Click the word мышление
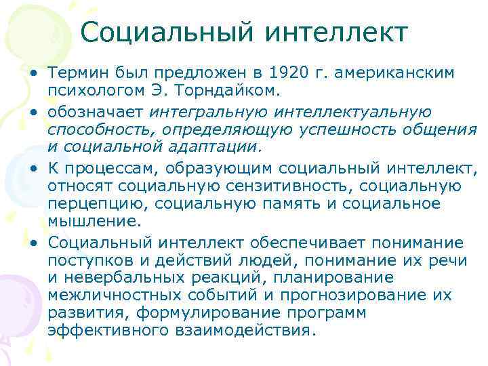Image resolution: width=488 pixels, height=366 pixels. [91, 222]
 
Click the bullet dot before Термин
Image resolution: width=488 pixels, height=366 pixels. [33, 73]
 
